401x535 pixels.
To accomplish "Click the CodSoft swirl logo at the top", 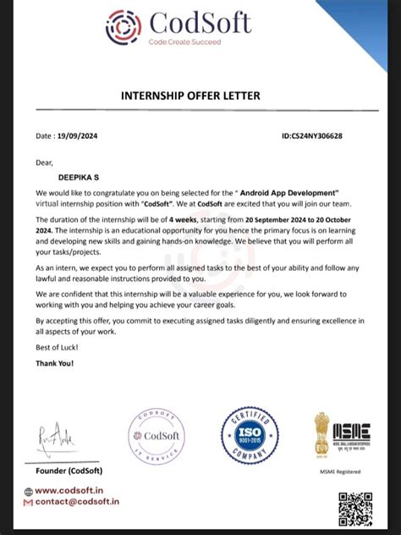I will [x=124, y=27].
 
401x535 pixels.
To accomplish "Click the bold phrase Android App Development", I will [x=292, y=193].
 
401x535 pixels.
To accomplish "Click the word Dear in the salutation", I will [x=45, y=161].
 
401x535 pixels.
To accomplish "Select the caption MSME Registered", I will [x=339, y=471].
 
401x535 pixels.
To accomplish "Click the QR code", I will [x=354, y=507].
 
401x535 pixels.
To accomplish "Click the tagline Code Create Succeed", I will [x=184, y=41].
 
